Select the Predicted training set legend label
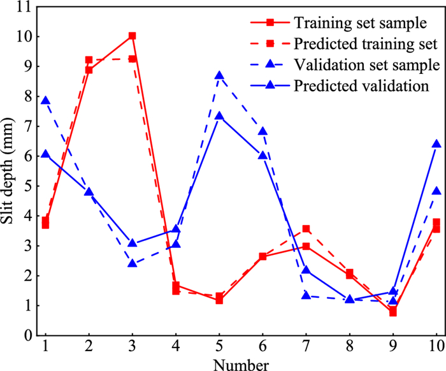point(366,44)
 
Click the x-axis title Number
point(241,364)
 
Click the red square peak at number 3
point(132,36)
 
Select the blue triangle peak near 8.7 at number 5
point(219,76)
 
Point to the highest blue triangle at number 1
point(45,101)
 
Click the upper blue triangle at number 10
point(437,145)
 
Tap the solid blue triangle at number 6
point(263,155)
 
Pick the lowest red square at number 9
point(393,312)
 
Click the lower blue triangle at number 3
point(132,263)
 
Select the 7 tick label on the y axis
point(27,126)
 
